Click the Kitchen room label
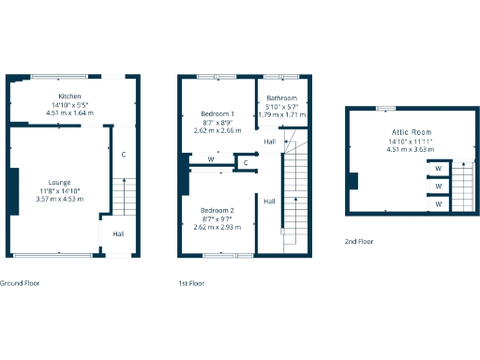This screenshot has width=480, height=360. (x=69, y=97)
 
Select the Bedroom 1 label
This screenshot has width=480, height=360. (x=217, y=113)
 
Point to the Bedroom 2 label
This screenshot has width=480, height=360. (x=217, y=210)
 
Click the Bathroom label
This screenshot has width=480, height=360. (x=281, y=98)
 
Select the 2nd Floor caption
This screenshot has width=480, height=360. (x=358, y=242)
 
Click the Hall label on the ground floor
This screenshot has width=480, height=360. (x=119, y=234)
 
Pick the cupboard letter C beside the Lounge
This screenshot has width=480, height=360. (x=123, y=154)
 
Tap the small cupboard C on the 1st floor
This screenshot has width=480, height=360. (x=245, y=163)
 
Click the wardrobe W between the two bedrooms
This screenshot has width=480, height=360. (x=211, y=160)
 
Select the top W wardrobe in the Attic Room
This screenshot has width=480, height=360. (x=439, y=169)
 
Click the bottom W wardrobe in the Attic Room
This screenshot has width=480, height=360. (x=439, y=202)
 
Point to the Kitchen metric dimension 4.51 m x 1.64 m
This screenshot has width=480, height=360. (x=69, y=112)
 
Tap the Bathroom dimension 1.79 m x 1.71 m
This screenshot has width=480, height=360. (x=281, y=114)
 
